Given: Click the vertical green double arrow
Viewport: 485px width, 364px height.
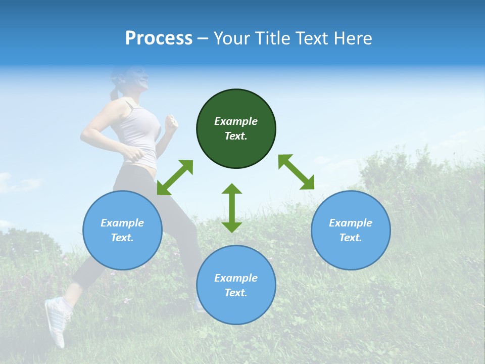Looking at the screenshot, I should click(x=232, y=208).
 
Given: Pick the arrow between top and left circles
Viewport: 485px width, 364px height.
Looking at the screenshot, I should click(x=175, y=177).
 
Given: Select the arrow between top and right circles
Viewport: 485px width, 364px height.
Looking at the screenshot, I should click(x=296, y=172).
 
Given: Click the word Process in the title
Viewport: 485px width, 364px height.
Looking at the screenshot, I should click(x=159, y=38).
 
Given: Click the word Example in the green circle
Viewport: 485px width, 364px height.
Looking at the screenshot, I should click(x=236, y=121).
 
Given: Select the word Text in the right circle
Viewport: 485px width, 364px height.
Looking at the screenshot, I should click(x=350, y=238).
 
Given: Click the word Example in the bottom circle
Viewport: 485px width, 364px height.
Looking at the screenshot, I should click(x=236, y=278).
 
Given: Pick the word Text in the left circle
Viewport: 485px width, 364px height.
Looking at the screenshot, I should click(x=122, y=238).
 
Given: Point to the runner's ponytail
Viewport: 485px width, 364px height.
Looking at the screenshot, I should click(x=116, y=91).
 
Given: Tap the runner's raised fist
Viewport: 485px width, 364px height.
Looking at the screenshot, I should click(x=172, y=122).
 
